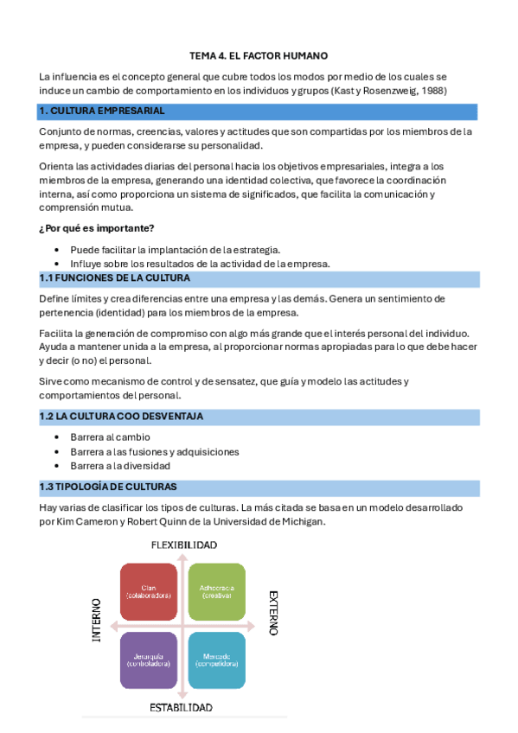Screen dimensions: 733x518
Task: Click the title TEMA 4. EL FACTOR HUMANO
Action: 259,55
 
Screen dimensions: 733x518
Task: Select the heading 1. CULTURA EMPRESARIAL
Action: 101,112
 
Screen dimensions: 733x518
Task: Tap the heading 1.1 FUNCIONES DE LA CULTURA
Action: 114,278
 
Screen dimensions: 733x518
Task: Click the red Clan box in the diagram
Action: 149,592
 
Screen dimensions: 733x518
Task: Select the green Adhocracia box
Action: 216,592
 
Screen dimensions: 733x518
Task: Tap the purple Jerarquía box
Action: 149,660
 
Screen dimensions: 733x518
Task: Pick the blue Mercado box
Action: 216,660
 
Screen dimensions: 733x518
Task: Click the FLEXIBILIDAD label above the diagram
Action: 184,545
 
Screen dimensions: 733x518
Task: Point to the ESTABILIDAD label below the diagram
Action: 182,707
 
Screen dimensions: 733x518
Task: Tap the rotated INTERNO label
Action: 97,620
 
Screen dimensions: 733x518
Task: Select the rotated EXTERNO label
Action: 272,613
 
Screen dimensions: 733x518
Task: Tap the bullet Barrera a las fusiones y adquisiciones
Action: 155,451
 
